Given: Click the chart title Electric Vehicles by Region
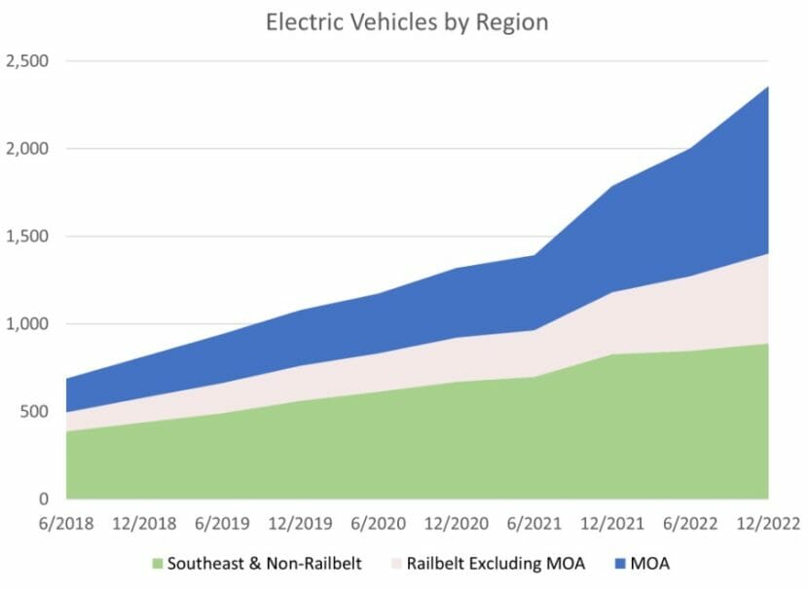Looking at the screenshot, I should click(x=407, y=22).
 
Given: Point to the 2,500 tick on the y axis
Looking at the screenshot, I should click(x=28, y=61).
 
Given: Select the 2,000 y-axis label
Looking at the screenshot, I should click(x=28, y=149).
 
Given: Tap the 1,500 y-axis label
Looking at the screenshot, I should click(x=28, y=237).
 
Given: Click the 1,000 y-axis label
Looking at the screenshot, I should click(x=28, y=324).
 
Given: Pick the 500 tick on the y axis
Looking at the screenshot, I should click(x=36, y=412).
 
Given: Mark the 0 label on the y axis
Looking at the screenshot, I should click(x=45, y=499).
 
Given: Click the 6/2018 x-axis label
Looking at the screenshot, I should click(x=66, y=524).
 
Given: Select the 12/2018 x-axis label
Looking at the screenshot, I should click(x=144, y=524).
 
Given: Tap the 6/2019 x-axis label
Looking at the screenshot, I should click(x=222, y=524).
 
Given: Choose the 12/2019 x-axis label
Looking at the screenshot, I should click(x=301, y=524).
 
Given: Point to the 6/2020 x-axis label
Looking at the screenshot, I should click(x=379, y=524).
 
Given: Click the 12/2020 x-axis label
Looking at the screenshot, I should click(x=457, y=524).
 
